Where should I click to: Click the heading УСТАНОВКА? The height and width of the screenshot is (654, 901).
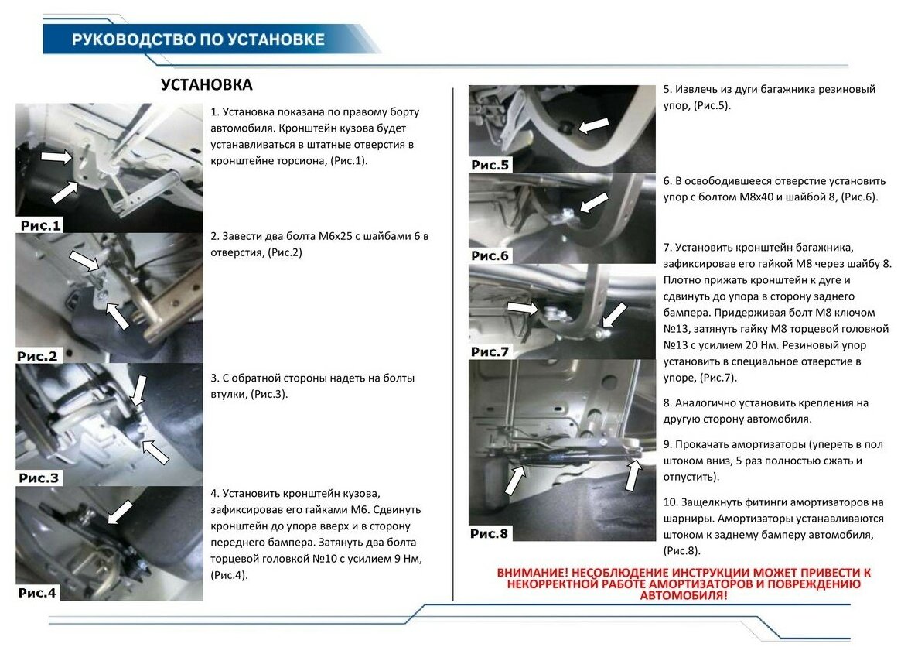click(206, 84)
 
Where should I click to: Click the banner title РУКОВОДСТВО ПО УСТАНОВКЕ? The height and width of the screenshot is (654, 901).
click(198, 39)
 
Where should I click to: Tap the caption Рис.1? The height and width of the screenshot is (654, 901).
click(40, 225)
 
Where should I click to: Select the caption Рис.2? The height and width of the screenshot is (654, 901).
click(37, 356)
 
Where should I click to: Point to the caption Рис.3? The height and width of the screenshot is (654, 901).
click(39, 478)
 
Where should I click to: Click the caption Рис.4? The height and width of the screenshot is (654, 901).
click(38, 593)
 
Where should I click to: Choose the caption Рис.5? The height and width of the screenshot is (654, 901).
click(490, 165)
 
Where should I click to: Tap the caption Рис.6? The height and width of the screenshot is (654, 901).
click(490, 255)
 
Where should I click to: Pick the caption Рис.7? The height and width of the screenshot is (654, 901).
click(490, 351)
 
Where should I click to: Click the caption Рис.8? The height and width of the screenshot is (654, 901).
click(490, 533)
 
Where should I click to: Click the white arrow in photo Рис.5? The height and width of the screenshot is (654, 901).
click(593, 124)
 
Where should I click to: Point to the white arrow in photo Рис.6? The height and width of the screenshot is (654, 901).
click(592, 204)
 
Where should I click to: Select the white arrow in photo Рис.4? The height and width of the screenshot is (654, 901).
click(120, 512)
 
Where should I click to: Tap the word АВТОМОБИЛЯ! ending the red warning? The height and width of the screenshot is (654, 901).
click(684, 596)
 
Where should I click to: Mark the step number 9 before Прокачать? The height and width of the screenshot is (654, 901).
click(667, 444)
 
